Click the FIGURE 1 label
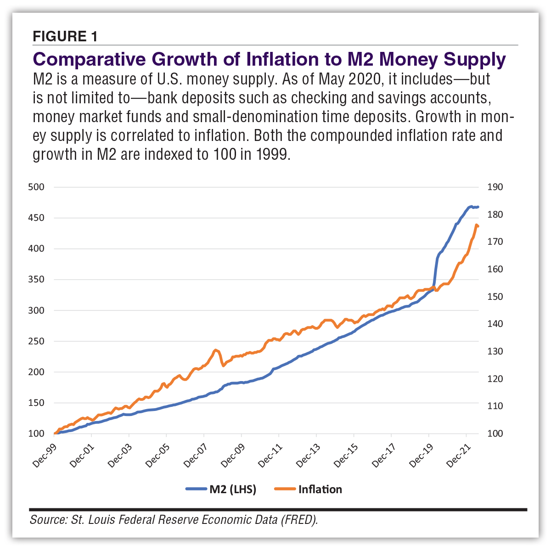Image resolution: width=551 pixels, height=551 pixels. pyautogui.click(x=65, y=36)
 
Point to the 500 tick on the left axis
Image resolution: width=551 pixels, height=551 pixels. pyautogui.click(x=36, y=187)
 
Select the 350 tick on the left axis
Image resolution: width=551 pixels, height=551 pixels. pyautogui.click(x=36, y=280)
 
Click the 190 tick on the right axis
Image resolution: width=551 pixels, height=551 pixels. pyautogui.click(x=495, y=187)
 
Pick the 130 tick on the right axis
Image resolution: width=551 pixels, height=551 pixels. pyautogui.click(x=495, y=352)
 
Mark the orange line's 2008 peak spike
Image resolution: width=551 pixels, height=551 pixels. pyautogui.click(x=216, y=350)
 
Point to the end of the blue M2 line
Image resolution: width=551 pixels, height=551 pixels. pyautogui.click(x=478, y=207)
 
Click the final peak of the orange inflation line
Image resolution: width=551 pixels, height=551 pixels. pyautogui.click(x=477, y=225)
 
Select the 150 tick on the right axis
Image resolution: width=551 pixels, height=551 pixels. pyautogui.click(x=495, y=297)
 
